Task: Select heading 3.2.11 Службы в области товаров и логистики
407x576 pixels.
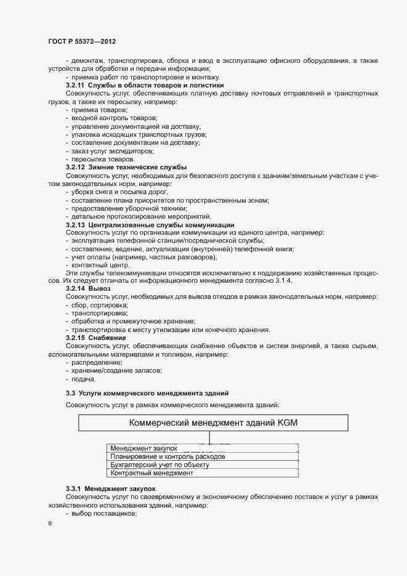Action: (x=145, y=85)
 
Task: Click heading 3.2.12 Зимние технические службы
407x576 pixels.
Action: (x=126, y=168)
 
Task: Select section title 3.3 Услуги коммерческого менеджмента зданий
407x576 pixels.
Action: (x=147, y=392)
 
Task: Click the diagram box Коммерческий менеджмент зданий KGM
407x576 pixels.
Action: (x=213, y=423)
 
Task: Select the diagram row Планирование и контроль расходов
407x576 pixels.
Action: (x=167, y=457)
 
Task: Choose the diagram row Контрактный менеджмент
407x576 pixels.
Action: (x=151, y=473)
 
